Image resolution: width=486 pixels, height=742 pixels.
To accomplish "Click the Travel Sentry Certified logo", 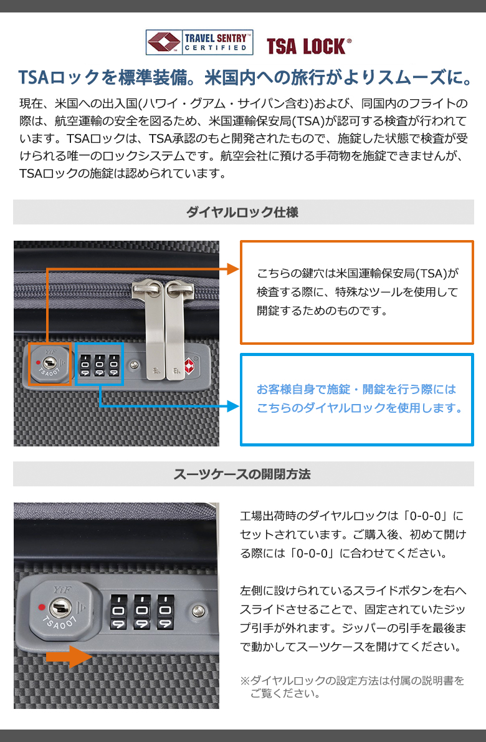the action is pyautogui.click(x=199, y=42).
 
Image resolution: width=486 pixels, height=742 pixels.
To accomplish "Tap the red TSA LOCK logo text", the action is pyautogui.click(x=308, y=46).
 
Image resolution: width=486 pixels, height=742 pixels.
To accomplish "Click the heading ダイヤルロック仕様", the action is pyautogui.click(x=242, y=212).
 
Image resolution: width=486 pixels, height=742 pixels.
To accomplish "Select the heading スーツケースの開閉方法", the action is pyautogui.click(x=242, y=474).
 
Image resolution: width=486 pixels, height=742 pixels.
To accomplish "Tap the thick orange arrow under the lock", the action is pyautogui.click(x=70, y=657).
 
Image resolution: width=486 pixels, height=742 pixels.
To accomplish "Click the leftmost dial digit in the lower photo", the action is pyautogui.click(x=118, y=611).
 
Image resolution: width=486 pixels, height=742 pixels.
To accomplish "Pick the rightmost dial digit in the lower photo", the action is pyautogui.click(x=165, y=611).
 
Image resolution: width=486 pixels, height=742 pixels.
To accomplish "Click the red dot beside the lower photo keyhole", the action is pyautogui.click(x=42, y=607).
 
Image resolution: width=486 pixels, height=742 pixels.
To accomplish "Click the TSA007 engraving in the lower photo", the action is pyautogui.click(x=60, y=624).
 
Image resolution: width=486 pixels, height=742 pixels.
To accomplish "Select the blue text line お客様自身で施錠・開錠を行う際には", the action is pyautogui.click(x=356, y=389).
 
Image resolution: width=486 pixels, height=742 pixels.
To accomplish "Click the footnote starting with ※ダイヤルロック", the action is pyautogui.click(x=353, y=687).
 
